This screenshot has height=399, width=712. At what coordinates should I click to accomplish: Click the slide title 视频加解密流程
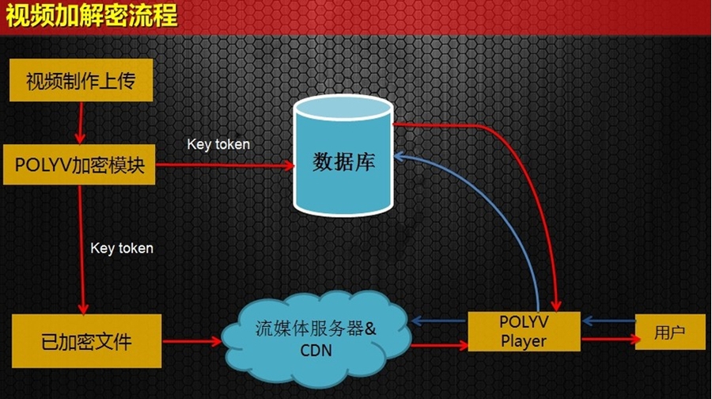(89, 16)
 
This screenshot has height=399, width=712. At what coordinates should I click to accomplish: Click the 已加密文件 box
(86, 342)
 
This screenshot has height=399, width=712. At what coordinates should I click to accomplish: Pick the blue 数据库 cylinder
(343, 162)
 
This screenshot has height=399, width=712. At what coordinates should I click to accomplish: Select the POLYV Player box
(523, 332)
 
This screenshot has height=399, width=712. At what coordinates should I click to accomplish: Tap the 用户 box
(669, 332)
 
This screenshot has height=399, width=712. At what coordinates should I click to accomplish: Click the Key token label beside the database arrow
(218, 144)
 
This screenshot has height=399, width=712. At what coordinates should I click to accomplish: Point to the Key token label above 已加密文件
(122, 248)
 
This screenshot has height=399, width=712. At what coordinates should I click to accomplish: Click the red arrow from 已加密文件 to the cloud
(192, 343)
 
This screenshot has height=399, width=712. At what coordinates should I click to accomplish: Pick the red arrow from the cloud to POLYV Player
(439, 344)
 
